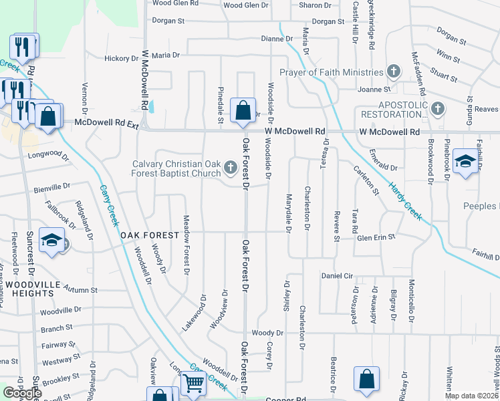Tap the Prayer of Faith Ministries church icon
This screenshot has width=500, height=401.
pyautogui.click(x=394, y=72)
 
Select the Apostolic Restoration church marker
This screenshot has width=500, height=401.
pyautogui.click(x=438, y=108)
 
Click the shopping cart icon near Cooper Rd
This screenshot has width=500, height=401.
pyautogui.click(x=193, y=384)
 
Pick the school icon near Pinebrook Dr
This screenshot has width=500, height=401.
pyautogui.click(x=465, y=161)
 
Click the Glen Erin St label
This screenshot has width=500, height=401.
pyautogui.click(x=377, y=237)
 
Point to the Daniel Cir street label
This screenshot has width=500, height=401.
pyautogui.click(x=337, y=275)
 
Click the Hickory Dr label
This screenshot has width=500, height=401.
pyautogui.click(x=121, y=59)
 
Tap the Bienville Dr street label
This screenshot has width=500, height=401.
pyautogui.click(x=52, y=188)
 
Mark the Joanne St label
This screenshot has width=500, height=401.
pyautogui.click(x=374, y=89)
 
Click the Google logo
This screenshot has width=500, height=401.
pyautogui.click(x=22, y=393)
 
